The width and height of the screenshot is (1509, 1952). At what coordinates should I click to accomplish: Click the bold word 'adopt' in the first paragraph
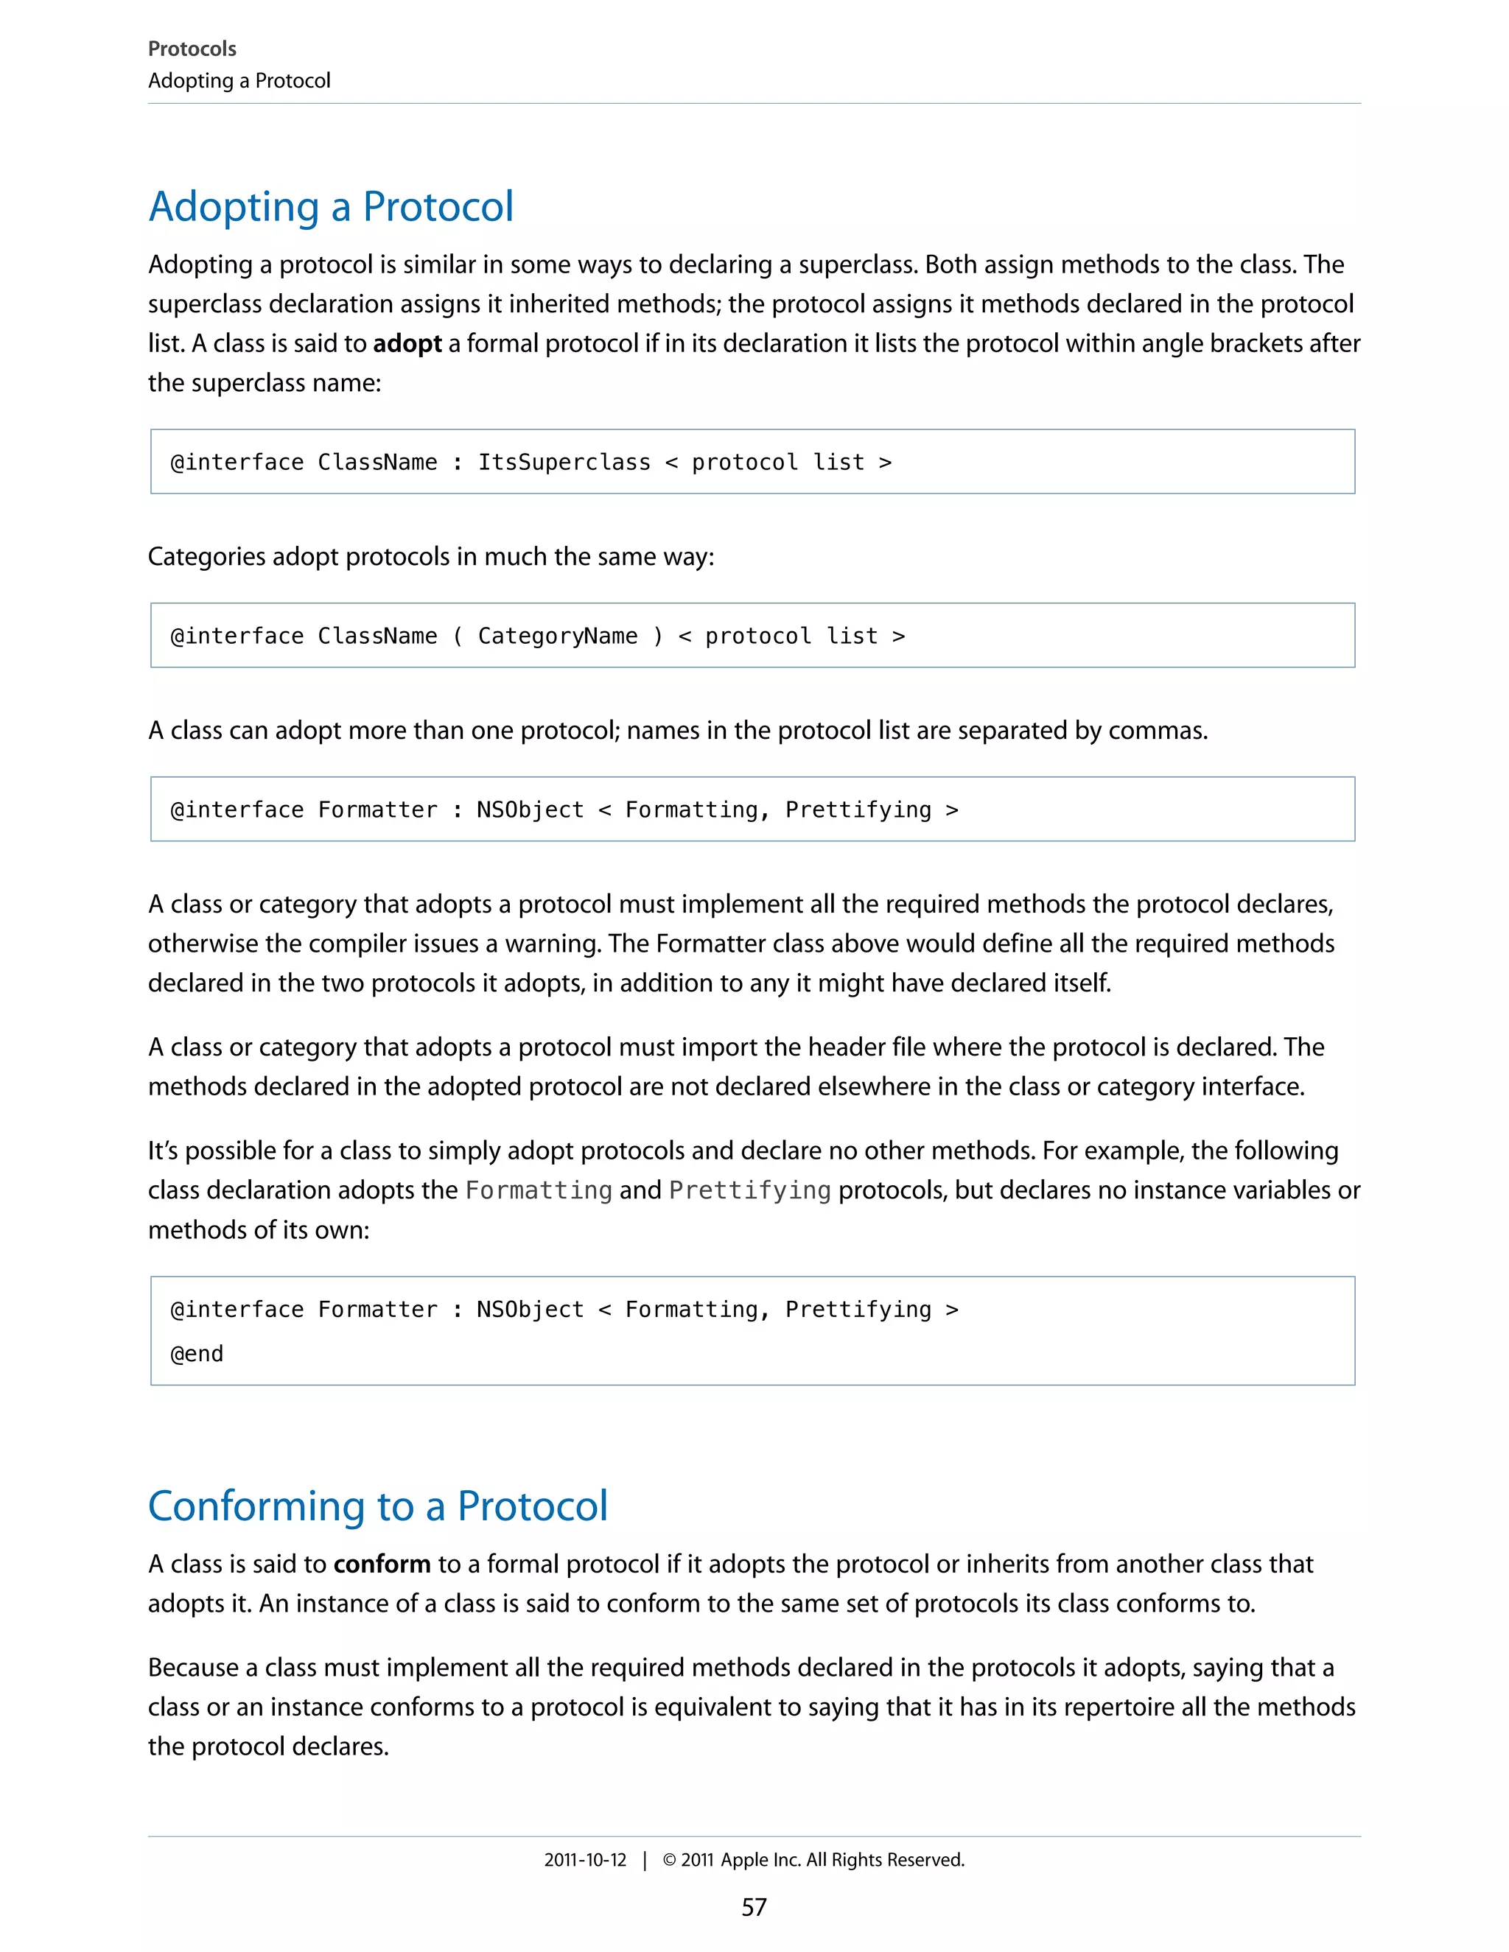pyautogui.click(x=407, y=343)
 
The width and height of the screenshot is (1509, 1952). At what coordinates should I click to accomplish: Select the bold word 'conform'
pyautogui.click(x=382, y=1563)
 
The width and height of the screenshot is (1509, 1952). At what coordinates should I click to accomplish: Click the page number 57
pyautogui.click(x=754, y=1906)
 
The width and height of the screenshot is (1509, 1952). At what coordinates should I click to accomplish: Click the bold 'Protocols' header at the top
pyautogui.click(x=192, y=49)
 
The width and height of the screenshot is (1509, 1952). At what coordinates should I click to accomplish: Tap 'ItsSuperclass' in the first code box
pyautogui.click(x=564, y=462)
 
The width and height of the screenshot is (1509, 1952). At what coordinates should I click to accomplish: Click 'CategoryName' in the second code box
pyautogui.click(x=557, y=636)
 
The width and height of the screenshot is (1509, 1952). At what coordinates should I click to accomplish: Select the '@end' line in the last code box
pyautogui.click(x=197, y=1353)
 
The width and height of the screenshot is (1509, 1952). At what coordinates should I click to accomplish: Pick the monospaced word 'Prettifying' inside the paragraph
pyautogui.click(x=749, y=1190)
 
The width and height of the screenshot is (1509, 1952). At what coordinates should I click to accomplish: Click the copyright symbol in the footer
pyautogui.click(x=669, y=1860)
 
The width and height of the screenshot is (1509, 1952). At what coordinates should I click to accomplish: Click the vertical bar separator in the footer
pyautogui.click(x=645, y=1860)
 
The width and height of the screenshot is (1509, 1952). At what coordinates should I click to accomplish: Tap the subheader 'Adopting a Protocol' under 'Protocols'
pyautogui.click(x=239, y=80)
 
